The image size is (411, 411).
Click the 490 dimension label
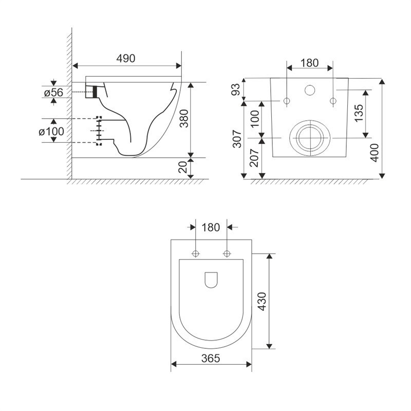click(126, 58)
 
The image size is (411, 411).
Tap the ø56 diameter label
click(54, 92)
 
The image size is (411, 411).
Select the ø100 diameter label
click(51, 132)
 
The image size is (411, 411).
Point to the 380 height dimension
click(185, 119)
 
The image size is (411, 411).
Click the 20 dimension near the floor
click(183, 167)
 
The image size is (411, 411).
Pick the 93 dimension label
click(235, 89)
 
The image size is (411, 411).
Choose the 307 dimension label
click(237, 139)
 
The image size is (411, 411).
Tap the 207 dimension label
click(254, 158)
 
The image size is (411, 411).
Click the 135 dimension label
click(359, 113)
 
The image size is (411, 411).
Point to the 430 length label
click(262, 302)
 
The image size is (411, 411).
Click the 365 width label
click(211, 358)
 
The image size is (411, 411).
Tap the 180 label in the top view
click(211, 227)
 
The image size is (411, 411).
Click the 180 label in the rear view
click(310, 63)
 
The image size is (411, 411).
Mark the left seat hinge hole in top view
click(196, 253)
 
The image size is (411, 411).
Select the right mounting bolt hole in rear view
click(333, 101)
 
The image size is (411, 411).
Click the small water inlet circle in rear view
click(310, 90)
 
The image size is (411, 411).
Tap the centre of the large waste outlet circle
click(310, 138)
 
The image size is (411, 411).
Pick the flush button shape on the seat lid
click(211, 280)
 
